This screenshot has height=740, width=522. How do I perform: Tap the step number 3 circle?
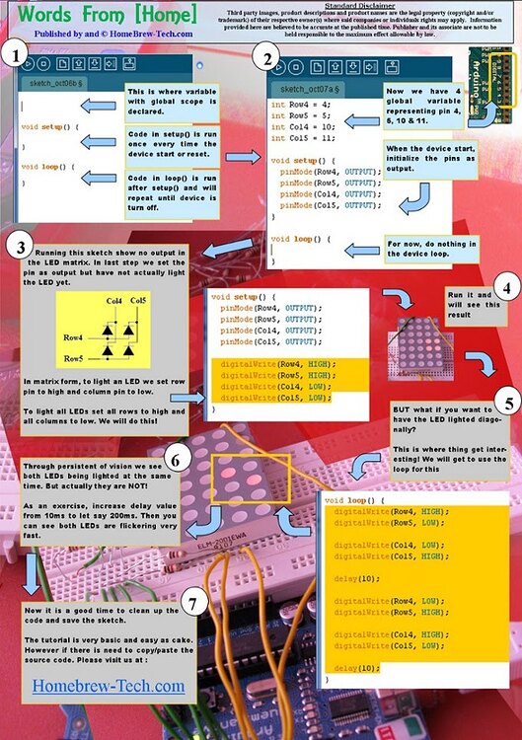point(22,246)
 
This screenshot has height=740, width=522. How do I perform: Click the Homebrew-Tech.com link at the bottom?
point(109,685)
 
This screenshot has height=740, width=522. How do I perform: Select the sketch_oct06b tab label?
point(55,84)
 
